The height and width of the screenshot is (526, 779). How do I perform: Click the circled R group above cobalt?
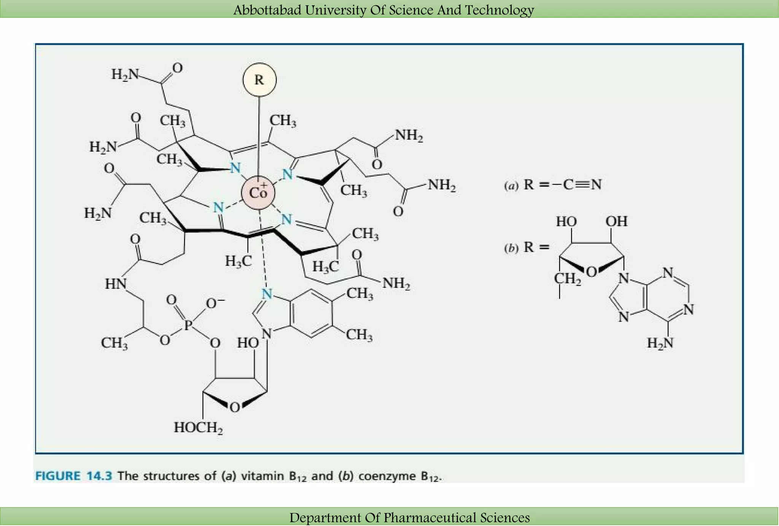pos(259,80)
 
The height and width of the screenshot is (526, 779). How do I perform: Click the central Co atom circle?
pos(258,193)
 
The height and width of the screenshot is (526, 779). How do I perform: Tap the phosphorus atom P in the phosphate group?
pos(188,325)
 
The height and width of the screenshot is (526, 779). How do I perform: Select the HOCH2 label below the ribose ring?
pos(198,428)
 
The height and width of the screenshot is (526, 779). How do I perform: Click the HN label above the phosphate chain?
pos(116,284)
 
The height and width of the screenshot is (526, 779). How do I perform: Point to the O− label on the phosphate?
pos(215,303)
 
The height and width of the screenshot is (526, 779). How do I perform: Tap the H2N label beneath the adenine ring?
pos(660,343)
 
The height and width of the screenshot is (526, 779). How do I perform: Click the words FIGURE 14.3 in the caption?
pos(73,476)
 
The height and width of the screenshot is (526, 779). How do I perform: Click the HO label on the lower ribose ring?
pos(248,343)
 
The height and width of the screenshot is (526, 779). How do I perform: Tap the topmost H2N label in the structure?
pos(125,74)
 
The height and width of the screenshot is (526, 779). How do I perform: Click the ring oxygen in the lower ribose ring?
pos(235,408)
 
